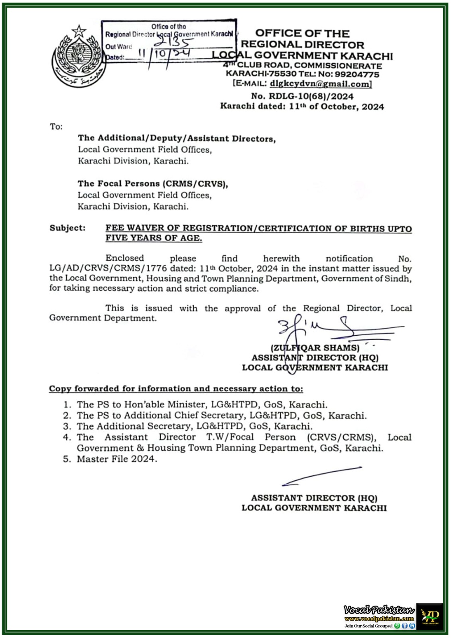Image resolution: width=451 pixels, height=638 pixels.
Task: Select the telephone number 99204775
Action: tap(356, 74)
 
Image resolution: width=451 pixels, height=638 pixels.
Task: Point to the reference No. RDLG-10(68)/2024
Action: tap(302, 96)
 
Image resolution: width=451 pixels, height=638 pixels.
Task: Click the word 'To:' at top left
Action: tap(56, 127)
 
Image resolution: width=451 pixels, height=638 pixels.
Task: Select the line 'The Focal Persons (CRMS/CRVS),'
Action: tap(153, 184)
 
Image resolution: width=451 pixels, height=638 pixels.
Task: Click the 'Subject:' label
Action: tap(67, 228)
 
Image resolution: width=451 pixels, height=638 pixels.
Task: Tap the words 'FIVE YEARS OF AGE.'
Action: tap(154, 238)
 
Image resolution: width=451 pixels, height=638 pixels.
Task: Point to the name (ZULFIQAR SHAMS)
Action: tap(315, 348)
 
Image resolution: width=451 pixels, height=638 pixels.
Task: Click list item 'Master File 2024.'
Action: tap(117, 459)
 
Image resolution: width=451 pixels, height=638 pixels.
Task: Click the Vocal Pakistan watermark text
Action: tap(379, 610)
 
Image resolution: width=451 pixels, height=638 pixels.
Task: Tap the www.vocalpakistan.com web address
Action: tap(379, 619)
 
